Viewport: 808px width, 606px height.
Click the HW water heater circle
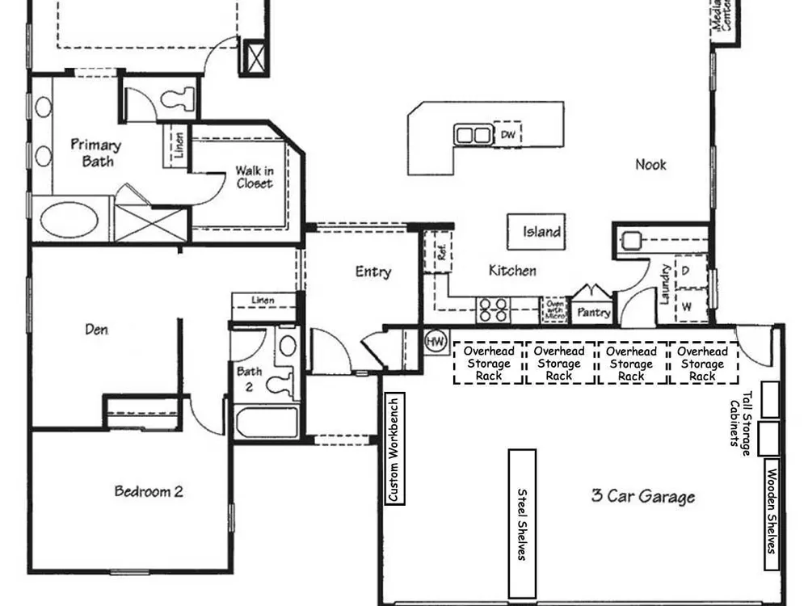click(x=436, y=341)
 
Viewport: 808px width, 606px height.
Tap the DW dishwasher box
click(x=507, y=134)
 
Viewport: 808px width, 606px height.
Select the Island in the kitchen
click(x=537, y=232)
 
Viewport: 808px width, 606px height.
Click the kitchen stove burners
click(x=493, y=310)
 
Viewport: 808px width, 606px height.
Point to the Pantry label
click(x=594, y=312)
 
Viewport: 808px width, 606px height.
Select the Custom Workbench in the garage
click(x=395, y=448)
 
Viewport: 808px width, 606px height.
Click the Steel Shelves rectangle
click(x=522, y=523)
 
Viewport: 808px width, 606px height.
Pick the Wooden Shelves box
click(x=771, y=514)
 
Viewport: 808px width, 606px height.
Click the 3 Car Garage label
click(x=643, y=496)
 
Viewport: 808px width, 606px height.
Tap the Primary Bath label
click(x=96, y=153)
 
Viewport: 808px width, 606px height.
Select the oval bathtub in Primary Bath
click(x=69, y=220)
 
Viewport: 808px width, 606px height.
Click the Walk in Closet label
click(x=255, y=177)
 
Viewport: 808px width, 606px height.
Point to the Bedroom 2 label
click(x=149, y=491)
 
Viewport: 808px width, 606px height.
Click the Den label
click(x=96, y=330)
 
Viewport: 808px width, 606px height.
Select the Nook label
click(x=650, y=164)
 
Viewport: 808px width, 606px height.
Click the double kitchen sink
click(x=473, y=135)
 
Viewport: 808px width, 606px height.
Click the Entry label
click(x=373, y=271)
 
